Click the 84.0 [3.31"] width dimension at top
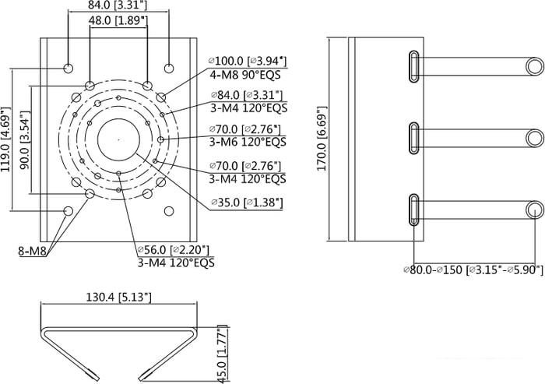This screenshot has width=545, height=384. click(x=118, y=6)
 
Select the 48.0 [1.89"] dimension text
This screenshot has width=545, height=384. click(x=118, y=21)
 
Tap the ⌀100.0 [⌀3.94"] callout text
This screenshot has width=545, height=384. click(x=248, y=61)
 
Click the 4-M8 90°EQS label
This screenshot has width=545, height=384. click(x=244, y=75)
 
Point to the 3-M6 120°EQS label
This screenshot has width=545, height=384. click(x=248, y=142)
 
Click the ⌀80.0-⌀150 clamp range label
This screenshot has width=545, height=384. click(x=473, y=270)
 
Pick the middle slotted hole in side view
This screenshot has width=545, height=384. click(x=413, y=137)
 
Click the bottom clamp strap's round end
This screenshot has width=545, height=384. click(x=533, y=210)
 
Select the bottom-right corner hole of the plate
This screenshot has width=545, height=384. click(x=168, y=210)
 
